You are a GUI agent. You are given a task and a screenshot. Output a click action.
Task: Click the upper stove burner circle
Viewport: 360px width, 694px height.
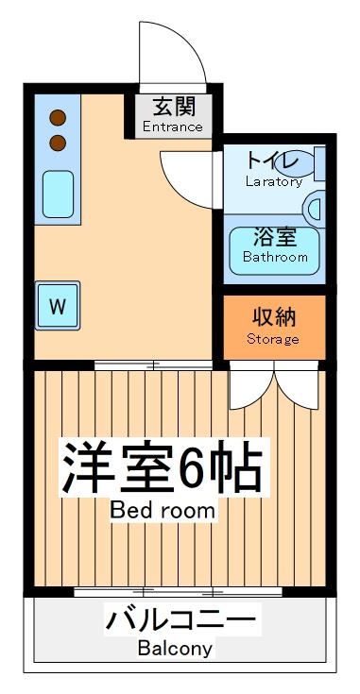pyautogui.click(x=58, y=118)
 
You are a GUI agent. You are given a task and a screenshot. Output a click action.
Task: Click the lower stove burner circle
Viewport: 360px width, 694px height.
pyautogui.click(x=58, y=143)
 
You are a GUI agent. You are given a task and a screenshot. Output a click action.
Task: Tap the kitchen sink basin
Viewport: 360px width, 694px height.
pyautogui.click(x=58, y=194)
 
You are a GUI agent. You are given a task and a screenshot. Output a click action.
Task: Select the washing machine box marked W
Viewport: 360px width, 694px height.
pyautogui.click(x=58, y=306)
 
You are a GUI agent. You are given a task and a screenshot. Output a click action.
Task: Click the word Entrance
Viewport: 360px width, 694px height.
pyautogui.click(x=173, y=127)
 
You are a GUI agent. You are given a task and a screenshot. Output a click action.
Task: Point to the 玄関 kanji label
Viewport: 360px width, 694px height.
pyautogui.click(x=173, y=107)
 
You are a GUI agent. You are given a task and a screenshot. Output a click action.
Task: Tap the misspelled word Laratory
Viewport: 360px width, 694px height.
pyautogui.click(x=273, y=181)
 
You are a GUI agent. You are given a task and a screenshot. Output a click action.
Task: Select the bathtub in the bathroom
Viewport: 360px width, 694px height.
pyautogui.click(x=275, y=248)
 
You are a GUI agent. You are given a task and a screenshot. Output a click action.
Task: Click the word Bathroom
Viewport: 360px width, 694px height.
pyautogui.click(x=275, y=257)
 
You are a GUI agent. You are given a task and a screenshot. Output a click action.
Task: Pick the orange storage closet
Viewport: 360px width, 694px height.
pyautogui.click(x=274, y=326)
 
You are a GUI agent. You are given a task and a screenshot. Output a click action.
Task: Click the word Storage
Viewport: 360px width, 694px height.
pyautogui.click(x=273, y=339)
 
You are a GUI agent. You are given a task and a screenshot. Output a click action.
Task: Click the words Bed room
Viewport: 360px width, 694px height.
pyautogui.click(x=163, y=512)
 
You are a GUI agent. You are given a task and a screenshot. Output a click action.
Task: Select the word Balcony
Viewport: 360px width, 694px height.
pyautogui.click(x=175, y=650)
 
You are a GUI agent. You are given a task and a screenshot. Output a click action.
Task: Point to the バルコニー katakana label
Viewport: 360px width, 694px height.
pyautogui.click(x=180, y=622)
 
